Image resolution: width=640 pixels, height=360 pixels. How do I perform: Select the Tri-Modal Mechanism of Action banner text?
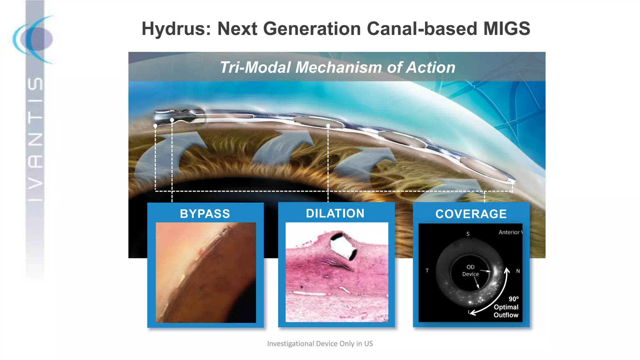(337, 67)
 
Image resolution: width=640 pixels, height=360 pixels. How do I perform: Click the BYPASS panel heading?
(205, 214)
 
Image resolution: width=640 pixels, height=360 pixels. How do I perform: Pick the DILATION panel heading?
(335, 213)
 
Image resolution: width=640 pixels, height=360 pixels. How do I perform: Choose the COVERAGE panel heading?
(471, 214)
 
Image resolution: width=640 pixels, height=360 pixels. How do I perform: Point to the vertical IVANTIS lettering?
(35, 139)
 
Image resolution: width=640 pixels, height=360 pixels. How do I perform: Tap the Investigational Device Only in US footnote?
(320, 343)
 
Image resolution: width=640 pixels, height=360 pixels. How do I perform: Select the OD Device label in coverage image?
(470, 271)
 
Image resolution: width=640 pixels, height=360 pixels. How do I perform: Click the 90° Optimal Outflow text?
(506, 307)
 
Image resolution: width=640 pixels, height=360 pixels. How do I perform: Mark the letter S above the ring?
(468, 234)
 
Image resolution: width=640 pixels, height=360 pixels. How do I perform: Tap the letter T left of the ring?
(427, 271)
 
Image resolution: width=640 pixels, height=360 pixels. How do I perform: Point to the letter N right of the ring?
(518, 271)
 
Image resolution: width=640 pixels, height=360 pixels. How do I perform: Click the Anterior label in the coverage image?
(509, 232)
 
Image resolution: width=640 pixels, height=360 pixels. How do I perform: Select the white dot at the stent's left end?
(155, 126)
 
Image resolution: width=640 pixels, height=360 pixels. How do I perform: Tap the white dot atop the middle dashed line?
(328, 126)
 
